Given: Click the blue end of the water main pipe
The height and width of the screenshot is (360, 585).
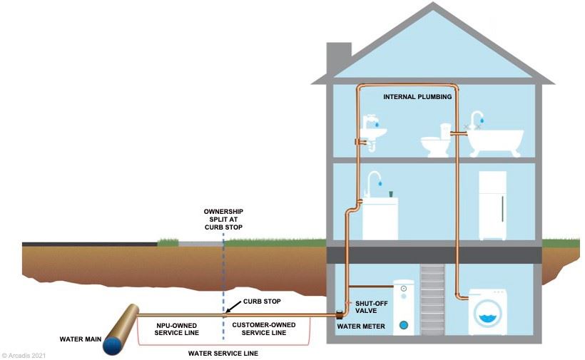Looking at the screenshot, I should coord(113,345).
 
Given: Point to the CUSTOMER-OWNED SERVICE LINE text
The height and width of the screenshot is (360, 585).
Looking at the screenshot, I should coord(259,329).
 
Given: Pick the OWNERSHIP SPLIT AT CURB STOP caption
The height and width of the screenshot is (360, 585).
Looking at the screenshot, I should coord(223,220).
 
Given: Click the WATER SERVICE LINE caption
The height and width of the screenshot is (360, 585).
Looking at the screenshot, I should coord(223,353).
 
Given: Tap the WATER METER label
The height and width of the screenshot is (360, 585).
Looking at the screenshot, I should coord(361,327).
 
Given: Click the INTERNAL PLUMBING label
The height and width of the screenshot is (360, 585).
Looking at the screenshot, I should coord(417,97).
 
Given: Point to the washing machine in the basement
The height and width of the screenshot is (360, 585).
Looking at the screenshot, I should coord(487,312).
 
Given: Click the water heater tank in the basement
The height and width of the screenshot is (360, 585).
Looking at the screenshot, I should coord(405,307).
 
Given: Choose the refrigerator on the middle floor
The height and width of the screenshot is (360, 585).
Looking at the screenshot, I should coord(493,205).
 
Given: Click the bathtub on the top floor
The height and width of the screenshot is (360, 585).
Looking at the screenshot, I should coord(495,140).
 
